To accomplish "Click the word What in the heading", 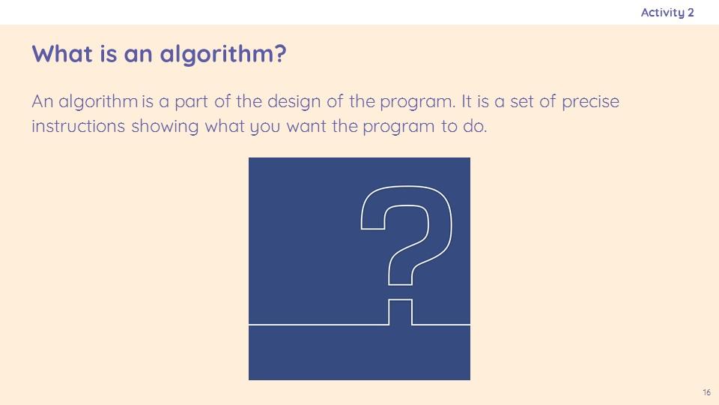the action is tap(62, 53).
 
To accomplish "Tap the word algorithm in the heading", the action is tap(217, 55).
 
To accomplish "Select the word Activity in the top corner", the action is tap(663, 13).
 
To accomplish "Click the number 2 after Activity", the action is tap(691, 13).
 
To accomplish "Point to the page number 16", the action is tap(706, 392).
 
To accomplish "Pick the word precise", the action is tap(591, 102).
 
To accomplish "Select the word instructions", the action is tap(78, 126).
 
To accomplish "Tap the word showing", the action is tap(165, 127).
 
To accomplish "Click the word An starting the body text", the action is tap(42, 101).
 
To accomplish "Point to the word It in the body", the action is tap(467, 101).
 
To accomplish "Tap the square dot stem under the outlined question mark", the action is tap(400, 312).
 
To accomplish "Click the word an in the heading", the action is tap(138, 55).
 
